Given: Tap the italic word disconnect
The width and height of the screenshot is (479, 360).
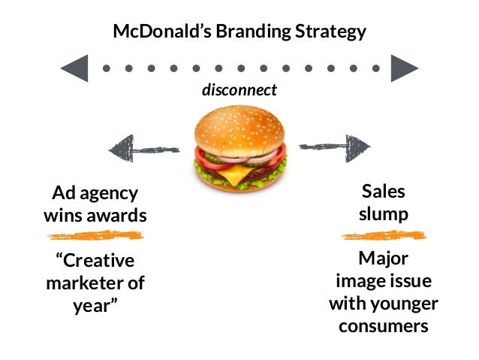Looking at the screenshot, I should tap(239, 90).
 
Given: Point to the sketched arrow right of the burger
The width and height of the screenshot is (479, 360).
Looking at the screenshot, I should tap(335, 146).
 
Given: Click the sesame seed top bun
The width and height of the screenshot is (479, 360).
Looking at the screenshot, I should tap(239, 128).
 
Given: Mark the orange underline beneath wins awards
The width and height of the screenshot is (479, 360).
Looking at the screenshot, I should tap(94, 236).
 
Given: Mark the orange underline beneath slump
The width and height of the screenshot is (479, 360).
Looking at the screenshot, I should tap(383, 236).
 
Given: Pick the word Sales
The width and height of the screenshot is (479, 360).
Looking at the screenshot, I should tap(383, 192).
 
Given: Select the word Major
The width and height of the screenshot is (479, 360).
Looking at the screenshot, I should tap(383, 260).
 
